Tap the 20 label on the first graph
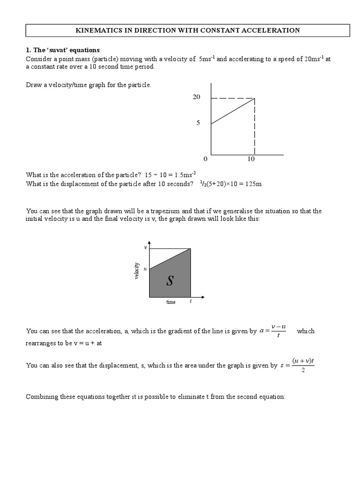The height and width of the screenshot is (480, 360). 196,97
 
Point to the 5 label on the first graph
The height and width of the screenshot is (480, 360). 198,123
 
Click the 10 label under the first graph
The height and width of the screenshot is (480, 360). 251,159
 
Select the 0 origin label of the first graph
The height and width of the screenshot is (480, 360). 205,159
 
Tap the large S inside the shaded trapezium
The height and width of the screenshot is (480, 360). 170,281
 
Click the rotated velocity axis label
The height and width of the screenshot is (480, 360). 137,271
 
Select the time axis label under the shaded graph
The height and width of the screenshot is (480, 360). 171,302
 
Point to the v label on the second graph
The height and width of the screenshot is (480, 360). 145,247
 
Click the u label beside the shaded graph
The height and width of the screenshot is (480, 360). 145,269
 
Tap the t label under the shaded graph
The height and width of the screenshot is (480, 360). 190,302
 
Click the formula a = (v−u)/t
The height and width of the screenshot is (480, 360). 272,331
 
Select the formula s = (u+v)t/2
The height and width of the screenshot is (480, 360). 297,366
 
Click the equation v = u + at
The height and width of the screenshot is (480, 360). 88,343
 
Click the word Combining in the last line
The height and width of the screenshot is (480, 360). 41,397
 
